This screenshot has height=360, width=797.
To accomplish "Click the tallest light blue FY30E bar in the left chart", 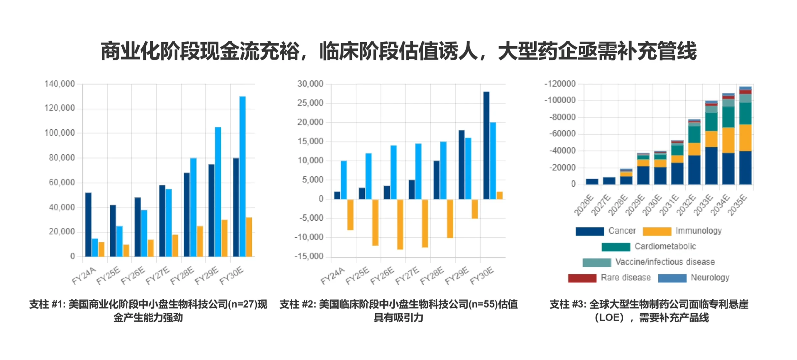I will (x=242, y=177).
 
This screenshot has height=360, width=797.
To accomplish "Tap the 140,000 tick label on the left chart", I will (x=60, y=84).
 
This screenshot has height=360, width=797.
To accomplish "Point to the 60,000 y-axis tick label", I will (x=62, y=182).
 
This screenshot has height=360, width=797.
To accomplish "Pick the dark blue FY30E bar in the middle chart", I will (x=486, y=145).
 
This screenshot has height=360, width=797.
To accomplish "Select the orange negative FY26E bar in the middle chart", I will (x=400, y=224).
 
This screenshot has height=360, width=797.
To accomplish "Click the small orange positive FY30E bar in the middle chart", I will (x=499, y=195).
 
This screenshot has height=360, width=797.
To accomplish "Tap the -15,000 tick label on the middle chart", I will (x=309, y=256).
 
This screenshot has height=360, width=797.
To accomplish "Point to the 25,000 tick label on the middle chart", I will (x=310, y=103).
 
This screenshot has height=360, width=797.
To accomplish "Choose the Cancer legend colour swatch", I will (x=590, y=231).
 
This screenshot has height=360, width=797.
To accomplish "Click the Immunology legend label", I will (x=699, y=231).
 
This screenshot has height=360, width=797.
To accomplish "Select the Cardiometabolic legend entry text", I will (x=665, y=246).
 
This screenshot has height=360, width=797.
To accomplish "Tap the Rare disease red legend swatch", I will (x=582, y=278).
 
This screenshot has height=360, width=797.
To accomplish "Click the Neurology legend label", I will (x=710, y=277).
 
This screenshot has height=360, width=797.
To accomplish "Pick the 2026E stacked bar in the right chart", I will (x=592, y=182).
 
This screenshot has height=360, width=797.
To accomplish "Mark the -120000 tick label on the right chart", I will (x=560, y=84).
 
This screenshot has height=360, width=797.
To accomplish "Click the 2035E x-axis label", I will (x=738, y=205).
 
